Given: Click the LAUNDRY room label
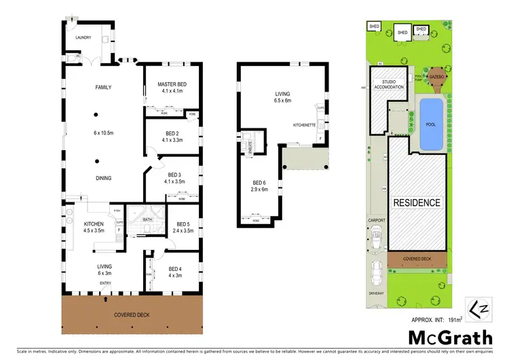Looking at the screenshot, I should pyautogui.click(x=83, y=38).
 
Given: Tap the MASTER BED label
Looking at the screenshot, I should pyautogui.click(x=172, y=84).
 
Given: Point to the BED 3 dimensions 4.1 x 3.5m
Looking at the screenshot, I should pyautogui.click(x=172, y=181).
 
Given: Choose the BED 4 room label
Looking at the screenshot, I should pyautogui.click(x=175, y=268).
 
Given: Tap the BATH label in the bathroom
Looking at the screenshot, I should pyautogui.click(x=148, y=219).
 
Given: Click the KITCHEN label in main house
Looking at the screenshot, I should pyautogui.click(x=93, y=223).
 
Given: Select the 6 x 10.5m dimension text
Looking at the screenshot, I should pyautogui.click(x=103, y=132).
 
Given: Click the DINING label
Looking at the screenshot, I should pyautogui.click(x=103, y=179).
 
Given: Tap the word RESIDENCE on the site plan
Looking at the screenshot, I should pyautogui.click(x=417, y=202).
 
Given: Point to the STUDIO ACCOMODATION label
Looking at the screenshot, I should pyautogui.click(x=388, y=84).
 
